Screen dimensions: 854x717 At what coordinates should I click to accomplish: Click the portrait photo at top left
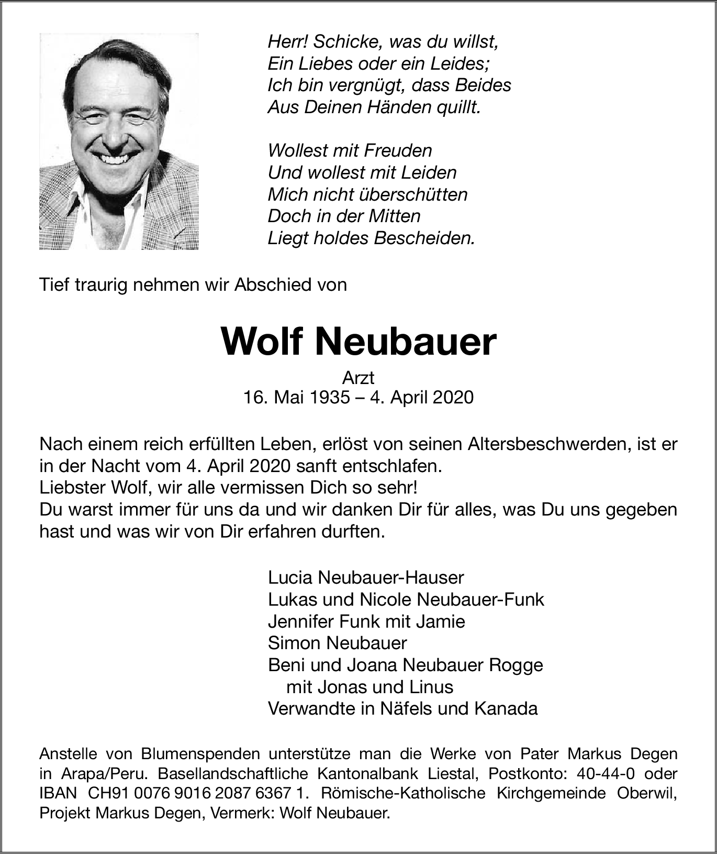119,141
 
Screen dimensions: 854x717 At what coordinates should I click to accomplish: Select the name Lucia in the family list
290,577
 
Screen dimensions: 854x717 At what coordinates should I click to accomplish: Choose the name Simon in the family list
294,643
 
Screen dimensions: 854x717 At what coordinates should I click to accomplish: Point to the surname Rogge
516,665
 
